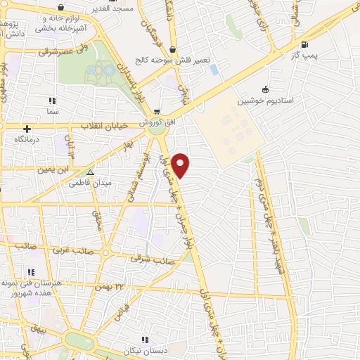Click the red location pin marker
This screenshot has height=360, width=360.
[181, 165]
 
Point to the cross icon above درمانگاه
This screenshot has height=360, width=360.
[27, 129]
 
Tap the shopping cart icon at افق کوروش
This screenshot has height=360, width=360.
[157, 111]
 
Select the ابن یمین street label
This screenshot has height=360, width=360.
[53, 169]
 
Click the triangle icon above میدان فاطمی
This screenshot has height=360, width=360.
[89, 172]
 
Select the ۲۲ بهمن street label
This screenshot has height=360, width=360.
[129, 285]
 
